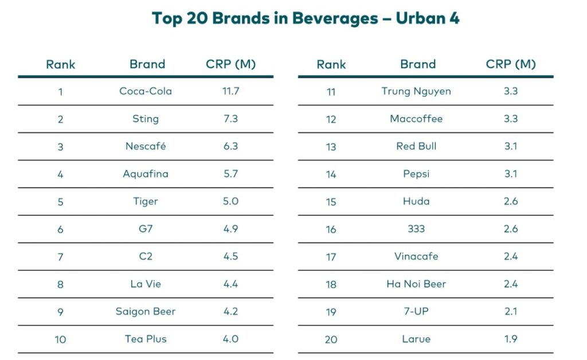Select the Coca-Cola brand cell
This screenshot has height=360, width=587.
[x=146, y=91]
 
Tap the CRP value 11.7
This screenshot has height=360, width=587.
[x=230, y=91]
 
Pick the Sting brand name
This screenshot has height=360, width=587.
[x=146, y=119]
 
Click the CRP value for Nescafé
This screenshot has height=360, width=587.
[x=230, y=146]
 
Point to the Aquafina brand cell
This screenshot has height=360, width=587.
[x=146, y=174]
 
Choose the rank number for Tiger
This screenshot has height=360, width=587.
[x=60, y=202]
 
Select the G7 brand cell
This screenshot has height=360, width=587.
[x=146, y=229]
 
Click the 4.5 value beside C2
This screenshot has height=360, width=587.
[x=230, y=256]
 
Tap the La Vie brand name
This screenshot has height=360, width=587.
[x=146, y=284]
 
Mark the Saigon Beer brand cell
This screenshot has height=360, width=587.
[x=146, y=311]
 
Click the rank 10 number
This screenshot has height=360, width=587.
[x=60, y=339]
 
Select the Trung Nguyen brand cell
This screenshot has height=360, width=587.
[x=416, y=91]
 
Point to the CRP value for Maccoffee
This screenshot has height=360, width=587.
[x=510, y=119]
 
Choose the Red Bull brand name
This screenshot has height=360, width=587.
[x=416, y=146]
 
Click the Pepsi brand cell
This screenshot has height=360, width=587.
[x=416, y=174]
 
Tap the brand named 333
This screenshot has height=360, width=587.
[x=416, y=229]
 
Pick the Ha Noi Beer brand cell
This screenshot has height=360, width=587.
[x=416, y=284]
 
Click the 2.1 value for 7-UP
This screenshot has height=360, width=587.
[x=510, y=311]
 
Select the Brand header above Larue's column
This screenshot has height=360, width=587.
[x=418, y=64]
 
